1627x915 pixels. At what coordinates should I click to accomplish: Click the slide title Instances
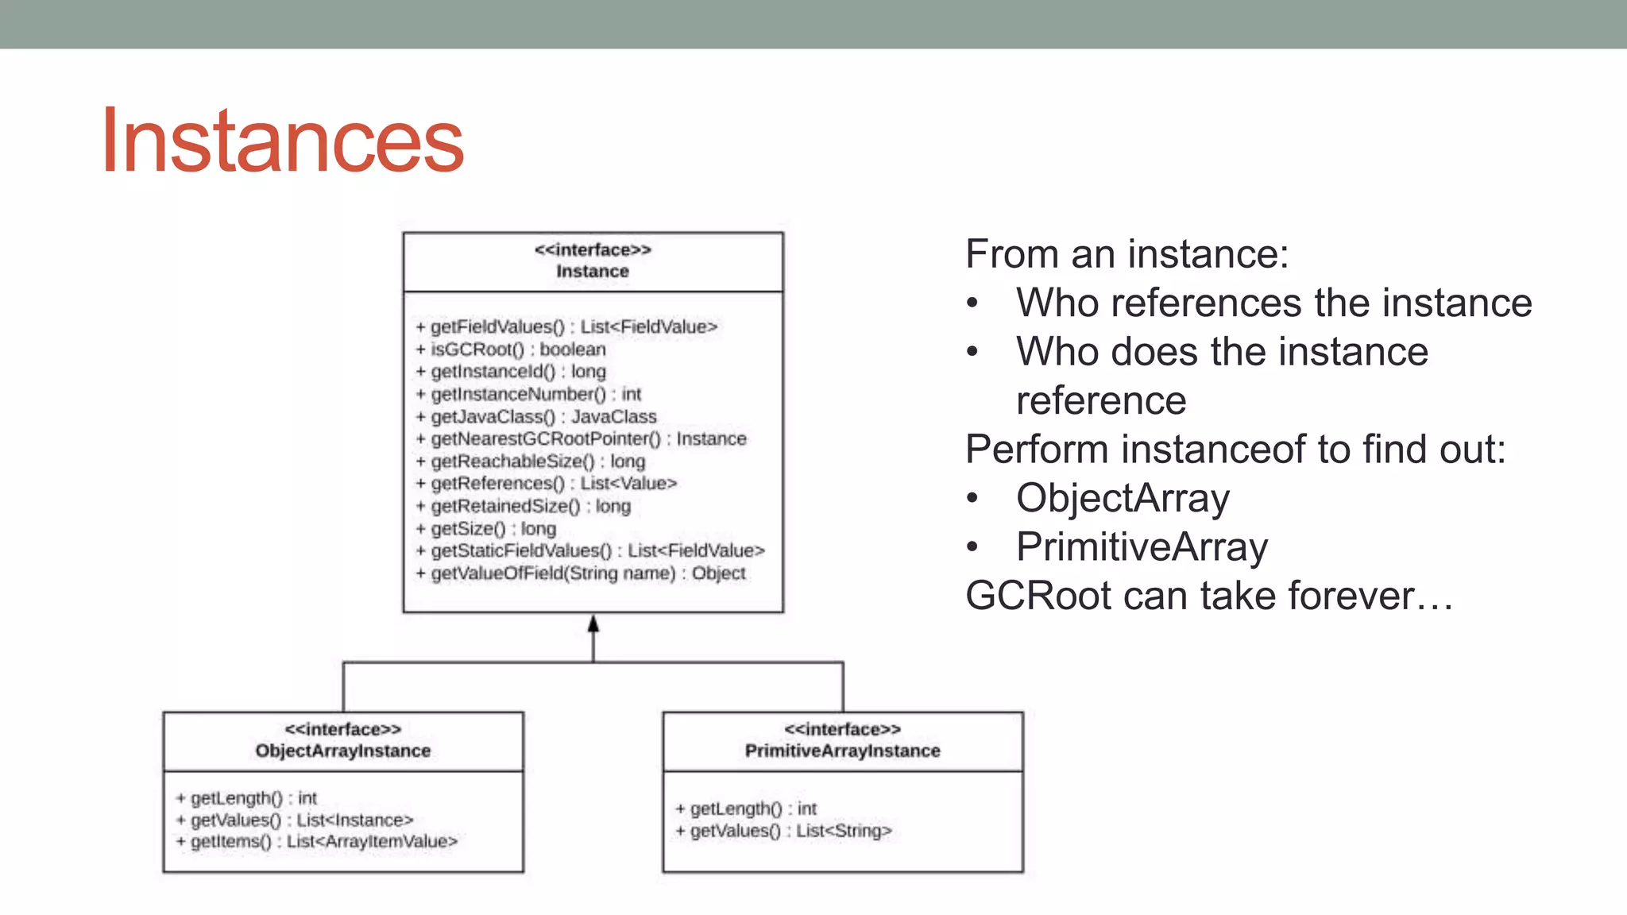282,141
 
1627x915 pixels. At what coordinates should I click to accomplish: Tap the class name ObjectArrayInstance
342,751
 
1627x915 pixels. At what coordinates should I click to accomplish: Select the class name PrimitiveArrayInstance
842,751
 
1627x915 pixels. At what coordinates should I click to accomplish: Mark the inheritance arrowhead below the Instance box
593,625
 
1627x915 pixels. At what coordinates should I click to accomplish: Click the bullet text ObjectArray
1123,499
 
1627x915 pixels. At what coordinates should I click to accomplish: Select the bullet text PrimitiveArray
1142,547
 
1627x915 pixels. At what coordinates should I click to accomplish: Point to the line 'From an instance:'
1127,254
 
